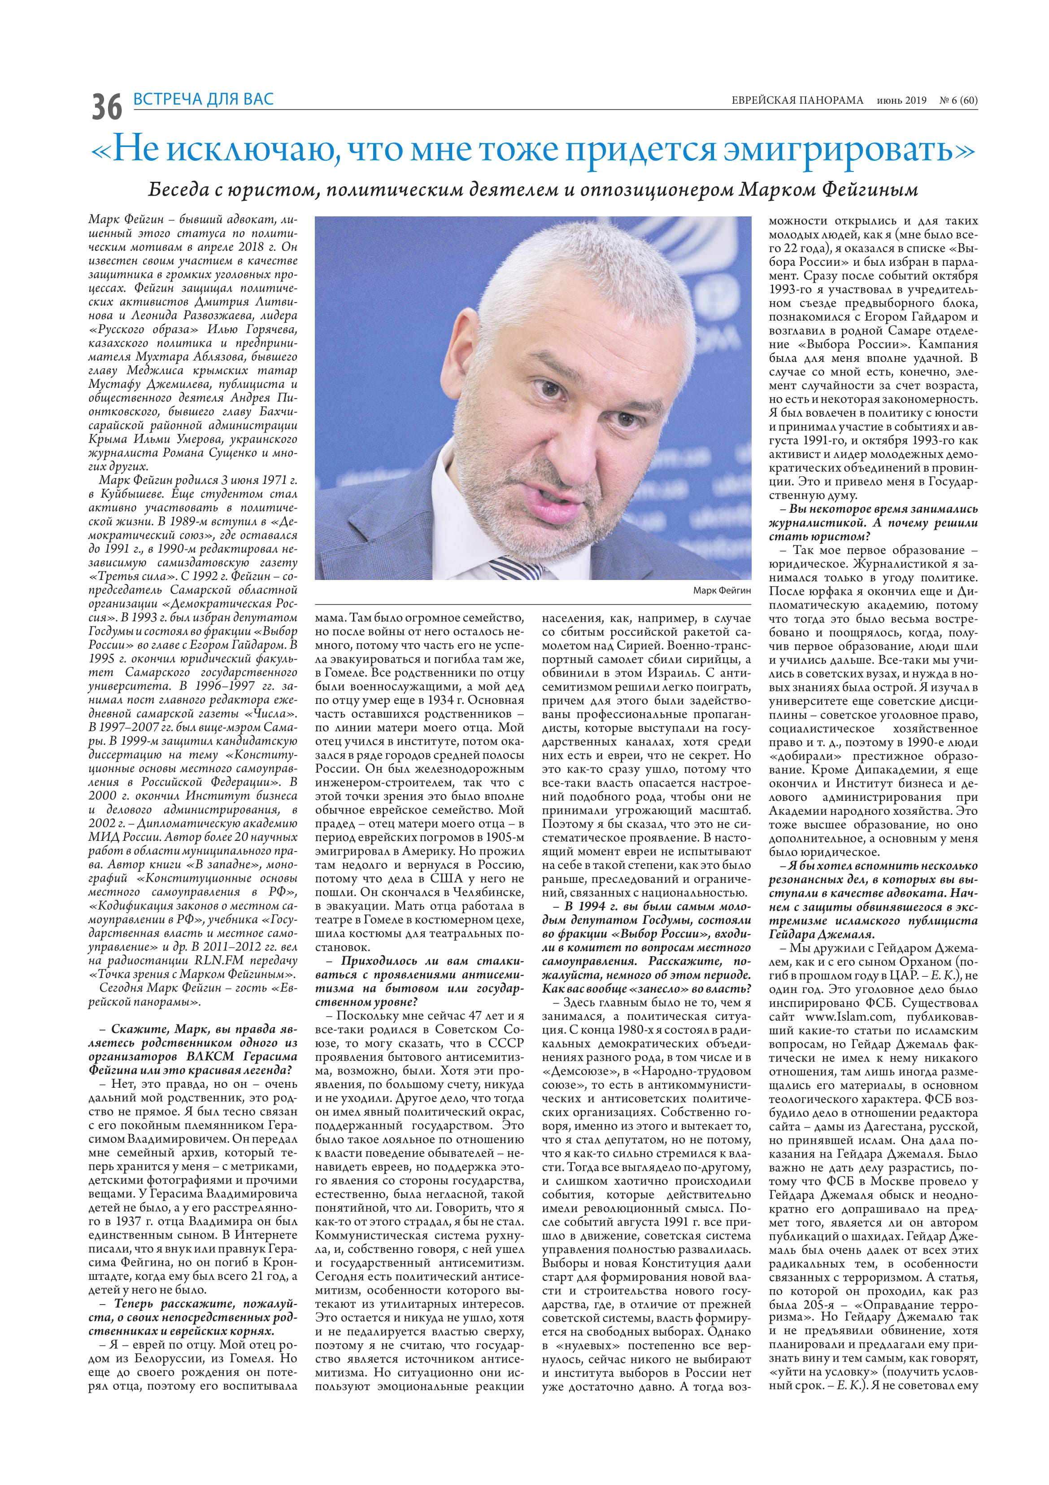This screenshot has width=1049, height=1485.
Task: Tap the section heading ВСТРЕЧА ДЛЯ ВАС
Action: point(203,99)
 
